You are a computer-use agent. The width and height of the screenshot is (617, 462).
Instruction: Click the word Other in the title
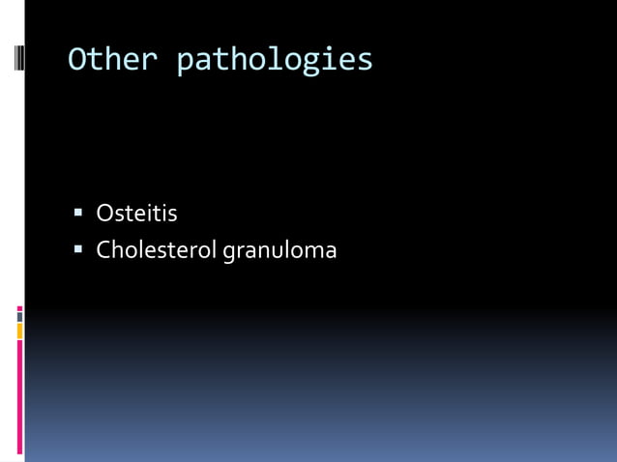click(x=111, y=60)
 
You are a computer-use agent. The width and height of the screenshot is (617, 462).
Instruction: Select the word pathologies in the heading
click(x=275, y=61)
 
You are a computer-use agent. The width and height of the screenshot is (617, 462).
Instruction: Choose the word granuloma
click(x=279, y=252)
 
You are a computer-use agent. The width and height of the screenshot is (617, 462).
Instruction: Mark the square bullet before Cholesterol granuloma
click(x=78, y=251)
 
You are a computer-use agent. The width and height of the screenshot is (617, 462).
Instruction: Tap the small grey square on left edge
click(x=19, y=316)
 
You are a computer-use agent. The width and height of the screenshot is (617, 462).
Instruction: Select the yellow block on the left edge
click(x=19, y=331)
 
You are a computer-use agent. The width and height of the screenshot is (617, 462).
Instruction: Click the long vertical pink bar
click(x=19, y=396)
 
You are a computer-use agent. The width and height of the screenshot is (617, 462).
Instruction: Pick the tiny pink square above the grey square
click(x=19, y=308)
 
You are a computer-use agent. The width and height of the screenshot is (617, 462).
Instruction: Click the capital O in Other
click(x=77, y=60)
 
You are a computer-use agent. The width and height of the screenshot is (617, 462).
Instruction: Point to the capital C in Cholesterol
click(x=103, y=251)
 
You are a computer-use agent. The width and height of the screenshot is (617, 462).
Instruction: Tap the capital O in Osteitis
click(x=104, y=214)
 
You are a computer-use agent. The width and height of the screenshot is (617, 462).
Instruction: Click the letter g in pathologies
click(x=308, y=63)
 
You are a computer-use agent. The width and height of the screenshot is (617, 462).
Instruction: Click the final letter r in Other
click(x=149, y=61)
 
